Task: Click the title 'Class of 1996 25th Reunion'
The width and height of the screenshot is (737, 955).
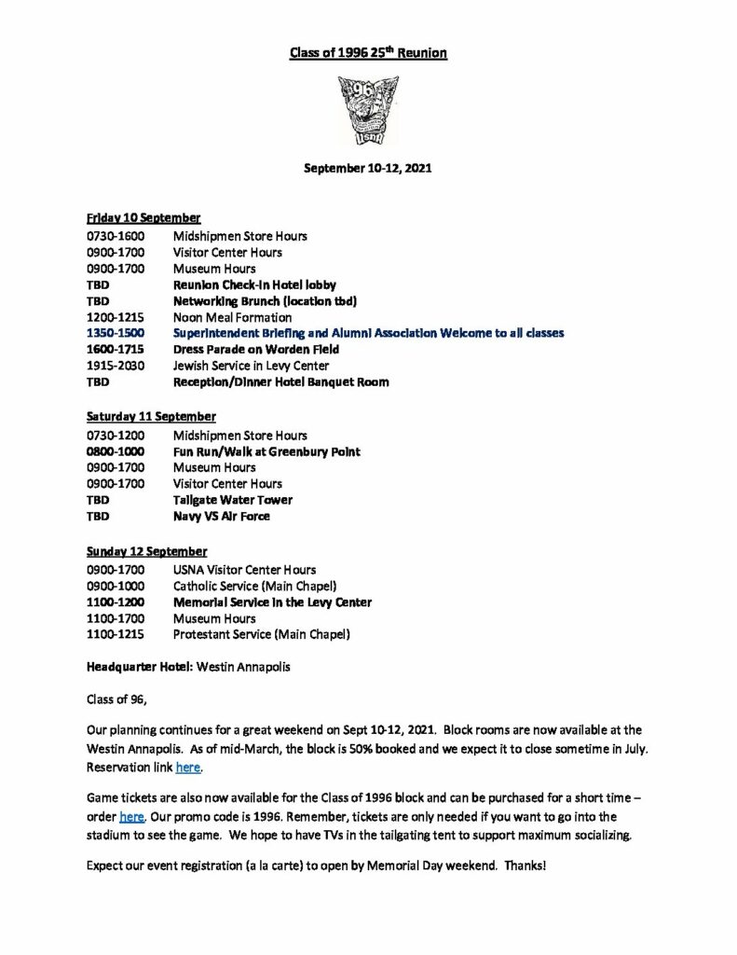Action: click(368, 54)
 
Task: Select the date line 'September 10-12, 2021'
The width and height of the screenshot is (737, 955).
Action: click(368, 172)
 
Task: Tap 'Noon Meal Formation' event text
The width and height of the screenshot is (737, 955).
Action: click(232, 316)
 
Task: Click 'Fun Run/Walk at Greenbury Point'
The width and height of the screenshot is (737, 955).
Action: click(266, 451)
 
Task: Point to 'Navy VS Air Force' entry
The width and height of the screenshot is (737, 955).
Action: click(222, 517)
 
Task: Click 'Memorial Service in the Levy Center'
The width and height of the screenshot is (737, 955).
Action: click(272, 602)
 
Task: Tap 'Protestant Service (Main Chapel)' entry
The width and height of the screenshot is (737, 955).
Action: click(262, 636)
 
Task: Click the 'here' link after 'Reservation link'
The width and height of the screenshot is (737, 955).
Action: click(188, 769)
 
